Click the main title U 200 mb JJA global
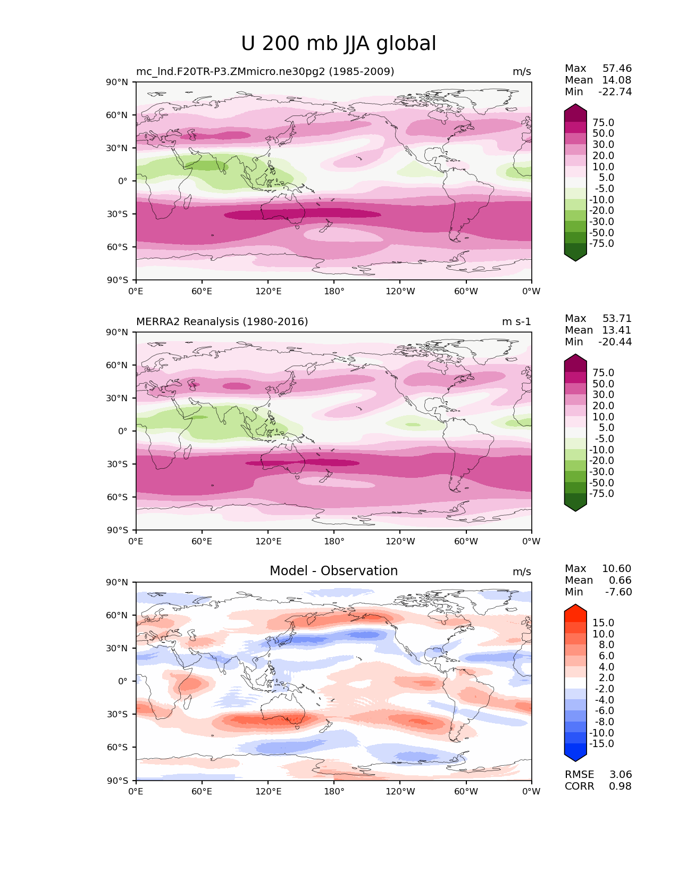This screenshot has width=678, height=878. pyautogui.click(x=338, y=44)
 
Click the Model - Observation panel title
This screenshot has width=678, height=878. pyautogui.click(x=333, y=571)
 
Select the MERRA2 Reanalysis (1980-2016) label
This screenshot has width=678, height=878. pyautogui.click(x=222, y=322)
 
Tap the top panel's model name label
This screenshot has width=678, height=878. pyautogui.click(x=265, y=72)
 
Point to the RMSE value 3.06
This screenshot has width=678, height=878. pyautogui.click(x=621, y=775)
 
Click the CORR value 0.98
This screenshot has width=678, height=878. pyautogui.click(x=621, y=786)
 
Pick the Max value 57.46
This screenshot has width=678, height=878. pyautogui.click(x=617, y=69)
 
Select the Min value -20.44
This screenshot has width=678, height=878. pyautogui.click(x=615, y=342)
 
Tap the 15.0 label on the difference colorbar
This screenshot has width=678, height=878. pyautogui.click(x=603, y=623)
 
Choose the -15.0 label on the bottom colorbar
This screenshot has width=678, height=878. pyautogui.click(x=601, y=744)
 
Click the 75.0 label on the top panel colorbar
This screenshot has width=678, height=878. pyautogui.click(x=603, y=123)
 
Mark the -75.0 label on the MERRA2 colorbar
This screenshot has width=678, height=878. pyautogui.click(x=601, y=494)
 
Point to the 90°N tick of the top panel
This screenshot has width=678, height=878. pyautogui.click(x=117, y=82)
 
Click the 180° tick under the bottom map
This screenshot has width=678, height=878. pyautogui.click(x=334, y=792)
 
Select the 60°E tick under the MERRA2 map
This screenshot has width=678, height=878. pyautogui.click(x=202, y=542)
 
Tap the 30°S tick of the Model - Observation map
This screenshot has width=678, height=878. pyautogui.click(x=117, y=715)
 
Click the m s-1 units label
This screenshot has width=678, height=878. pyautogui.click(x=516, y=322)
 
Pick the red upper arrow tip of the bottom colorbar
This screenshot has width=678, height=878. pyautogui.click(x=575, y=608)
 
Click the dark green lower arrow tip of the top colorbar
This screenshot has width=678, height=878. pyautogui.click(x=575, y=257)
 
